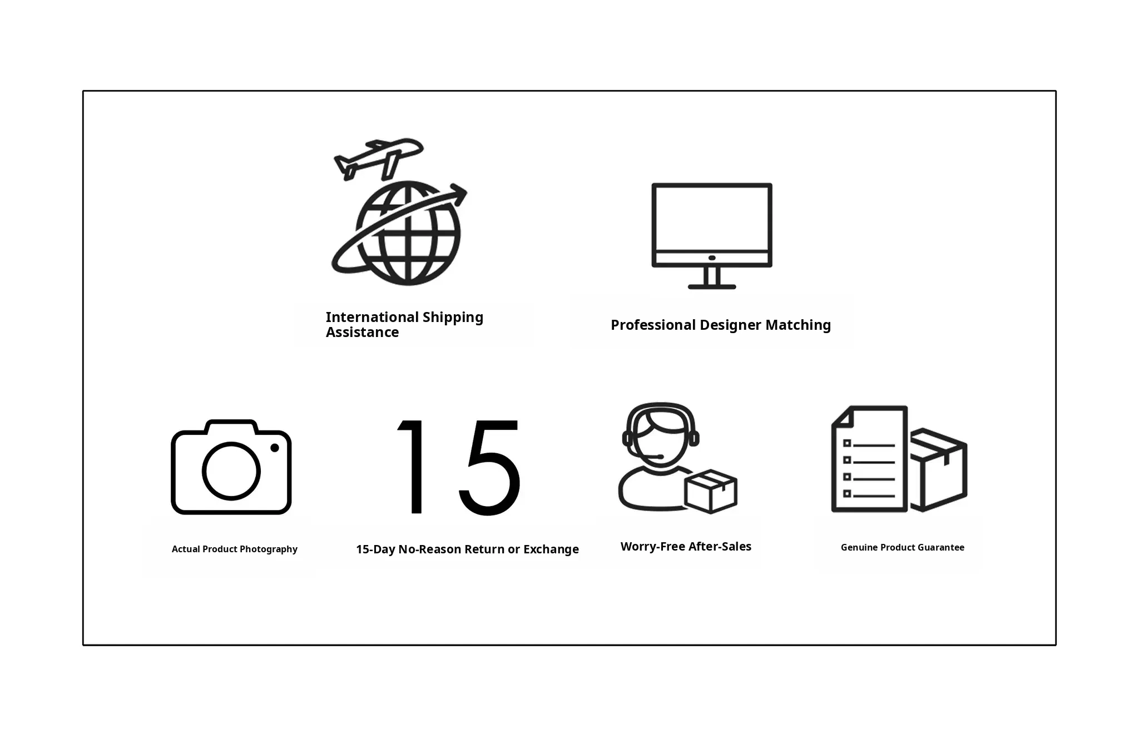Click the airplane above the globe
click(379, 158)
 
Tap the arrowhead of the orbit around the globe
click(459, 194)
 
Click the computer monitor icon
click(712, 236)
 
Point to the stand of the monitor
click(712, 278)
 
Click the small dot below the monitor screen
click(712, 258)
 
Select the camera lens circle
click(231, 471)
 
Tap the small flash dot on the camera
click(275, 448)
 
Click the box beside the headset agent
click(711, 491)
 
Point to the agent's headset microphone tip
click(660, 457)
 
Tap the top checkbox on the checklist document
click(847, 443)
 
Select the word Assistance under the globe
click(362, 333)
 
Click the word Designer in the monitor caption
click(730, 325)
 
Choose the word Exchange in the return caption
click(551, 549)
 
